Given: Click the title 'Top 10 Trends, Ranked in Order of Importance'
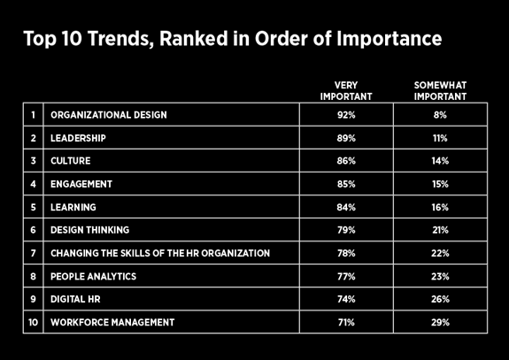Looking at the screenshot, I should click(x=232, y=40).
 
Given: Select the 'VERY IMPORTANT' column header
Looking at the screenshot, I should click(x=346, y=90).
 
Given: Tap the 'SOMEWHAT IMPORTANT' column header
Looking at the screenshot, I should click(x=440, y=90).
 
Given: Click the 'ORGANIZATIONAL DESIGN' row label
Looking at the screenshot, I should click(x=109, y=115).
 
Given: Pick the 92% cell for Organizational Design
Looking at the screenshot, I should click(x=346, y=115).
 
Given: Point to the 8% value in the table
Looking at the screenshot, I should click(x=440, y=115).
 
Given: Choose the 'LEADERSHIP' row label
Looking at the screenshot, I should click(x=79, y=138).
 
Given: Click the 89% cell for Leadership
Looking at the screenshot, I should click(x=346, y=138).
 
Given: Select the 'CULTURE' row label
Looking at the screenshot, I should click(x=71, y=161).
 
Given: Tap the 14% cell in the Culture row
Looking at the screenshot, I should click(x=440, y=161).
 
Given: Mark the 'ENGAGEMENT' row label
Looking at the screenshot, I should click(x=81, y=184).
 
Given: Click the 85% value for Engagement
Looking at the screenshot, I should click(x=346, y=184).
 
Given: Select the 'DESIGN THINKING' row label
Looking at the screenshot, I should click(x=90, y=230).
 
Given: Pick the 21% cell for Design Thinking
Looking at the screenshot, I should click(x=440, y=230).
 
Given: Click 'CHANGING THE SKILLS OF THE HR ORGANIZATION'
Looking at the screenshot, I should click(x=160, y=253).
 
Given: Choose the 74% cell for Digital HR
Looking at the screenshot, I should click(x=346, y=299).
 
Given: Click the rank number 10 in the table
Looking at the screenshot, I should click(x=33, y=322).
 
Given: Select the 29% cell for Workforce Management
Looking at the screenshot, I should click(x=440, y=322).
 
